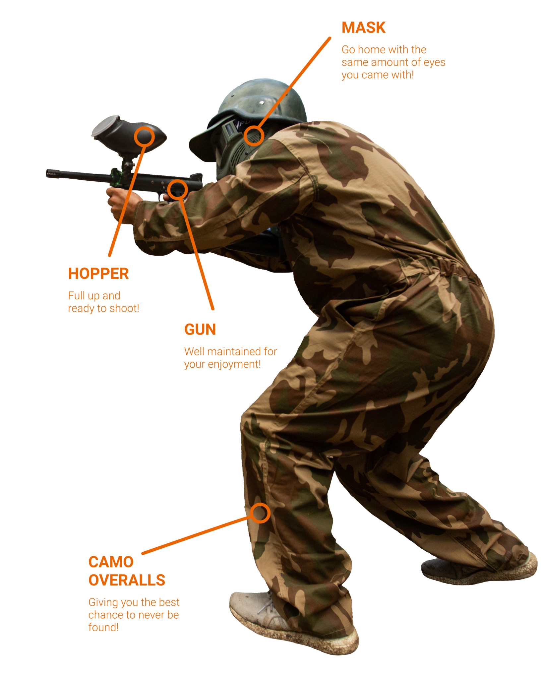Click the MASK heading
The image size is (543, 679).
coord(364,28)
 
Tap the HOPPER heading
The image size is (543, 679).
coord(98,274)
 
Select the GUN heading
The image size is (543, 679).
coord(200,330)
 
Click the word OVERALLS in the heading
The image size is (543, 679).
coord(127,580)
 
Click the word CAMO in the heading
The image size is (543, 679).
coord(111,562)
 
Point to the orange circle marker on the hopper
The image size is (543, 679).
coord(145,136)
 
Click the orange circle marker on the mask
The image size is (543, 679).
coord(254,136)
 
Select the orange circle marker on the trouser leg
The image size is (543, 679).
coord(260,513)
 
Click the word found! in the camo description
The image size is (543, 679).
coord(103,627)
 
